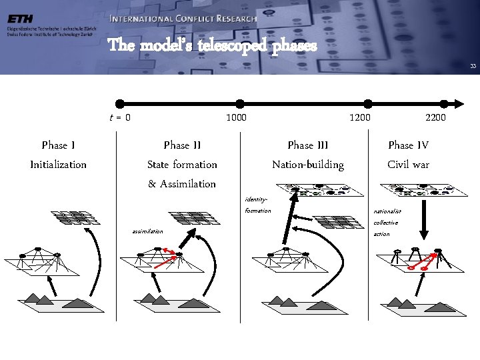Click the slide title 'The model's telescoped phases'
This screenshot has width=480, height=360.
coord(208,46)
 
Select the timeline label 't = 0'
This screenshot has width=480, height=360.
coord(120,118)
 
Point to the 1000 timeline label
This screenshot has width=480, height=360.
coord(236,118)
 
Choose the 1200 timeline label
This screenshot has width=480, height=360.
coord(361,118)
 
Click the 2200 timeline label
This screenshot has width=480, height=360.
coord(437,118)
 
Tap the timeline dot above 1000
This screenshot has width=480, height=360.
coord(239,103)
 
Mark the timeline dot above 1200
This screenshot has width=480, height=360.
coord(367,103)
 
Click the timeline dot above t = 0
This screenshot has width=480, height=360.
coord(120,103)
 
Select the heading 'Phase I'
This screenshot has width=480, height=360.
coord(58,145)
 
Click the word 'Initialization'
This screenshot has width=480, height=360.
coord(58,165)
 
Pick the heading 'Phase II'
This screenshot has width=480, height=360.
coord(182,145)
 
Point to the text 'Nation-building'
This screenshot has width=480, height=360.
coord(308,165)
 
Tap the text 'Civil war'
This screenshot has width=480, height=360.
coord(408,165)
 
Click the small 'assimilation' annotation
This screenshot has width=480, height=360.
coord(147,231)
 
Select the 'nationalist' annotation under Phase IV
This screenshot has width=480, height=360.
coord(387,211)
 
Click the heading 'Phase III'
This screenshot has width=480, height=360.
coord(308,145)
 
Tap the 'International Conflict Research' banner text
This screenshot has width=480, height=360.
coord(183,19)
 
